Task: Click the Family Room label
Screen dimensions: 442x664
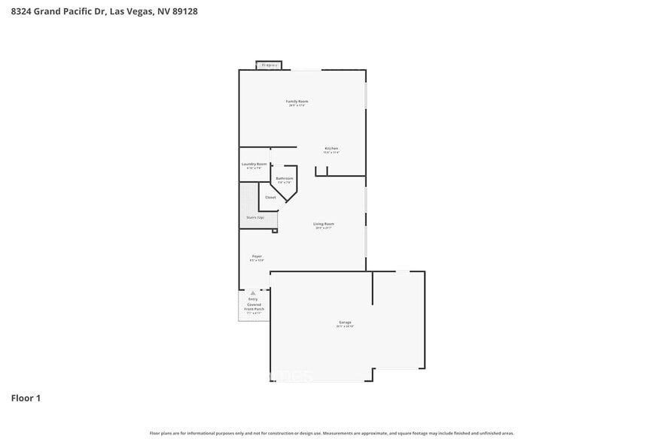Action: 297,101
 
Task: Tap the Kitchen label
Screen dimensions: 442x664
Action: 331,148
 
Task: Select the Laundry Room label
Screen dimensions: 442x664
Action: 254,164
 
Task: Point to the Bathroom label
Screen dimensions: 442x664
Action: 284,178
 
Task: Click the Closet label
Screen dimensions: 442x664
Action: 270,198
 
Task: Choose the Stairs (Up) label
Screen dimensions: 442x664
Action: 254,217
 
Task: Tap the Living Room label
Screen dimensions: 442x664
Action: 324,223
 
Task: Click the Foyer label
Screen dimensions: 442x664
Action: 257,256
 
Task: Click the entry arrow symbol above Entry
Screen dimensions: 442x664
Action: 254,293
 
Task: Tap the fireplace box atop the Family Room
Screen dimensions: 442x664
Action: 269,65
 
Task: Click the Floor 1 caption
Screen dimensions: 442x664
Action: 26,398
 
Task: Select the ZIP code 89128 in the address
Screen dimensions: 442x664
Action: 184,12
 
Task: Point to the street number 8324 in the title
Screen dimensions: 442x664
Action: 21,12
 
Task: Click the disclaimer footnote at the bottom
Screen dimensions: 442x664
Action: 331,433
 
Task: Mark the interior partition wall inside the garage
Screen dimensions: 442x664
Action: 372,288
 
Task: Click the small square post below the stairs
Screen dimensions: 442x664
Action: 275,231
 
